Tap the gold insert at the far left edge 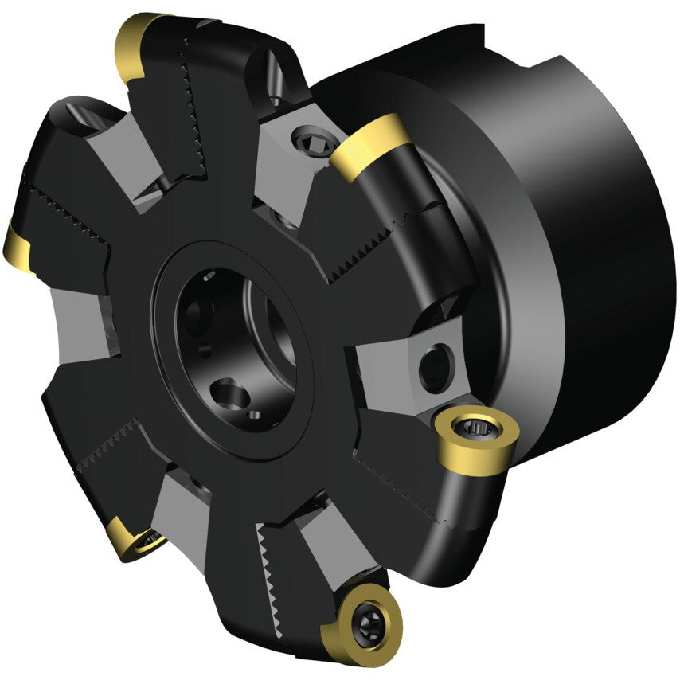pyautogui.click(x=17, y=247)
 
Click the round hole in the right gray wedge pyautogui.click(x=434, y=365)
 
